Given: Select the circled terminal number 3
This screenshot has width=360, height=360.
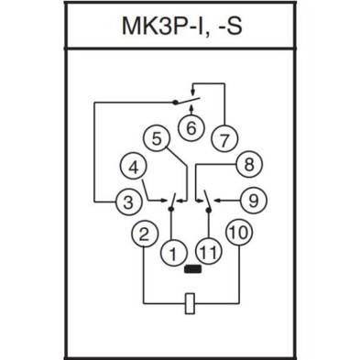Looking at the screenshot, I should (x=126, y=198).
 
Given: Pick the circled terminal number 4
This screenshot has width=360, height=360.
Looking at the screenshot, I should (x=134, y=167).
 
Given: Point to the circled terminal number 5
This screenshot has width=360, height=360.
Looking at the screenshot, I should (x=158, y=139).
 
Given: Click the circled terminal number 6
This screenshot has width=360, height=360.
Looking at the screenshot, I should (x=191, y=127).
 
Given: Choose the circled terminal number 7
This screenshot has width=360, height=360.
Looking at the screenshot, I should (x=224, y=139).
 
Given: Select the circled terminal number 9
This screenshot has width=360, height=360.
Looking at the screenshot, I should (x=254, y=198).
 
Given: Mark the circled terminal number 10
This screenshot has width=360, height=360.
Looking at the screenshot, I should (x=239, y=234).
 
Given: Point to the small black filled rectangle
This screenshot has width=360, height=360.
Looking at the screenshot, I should (x=191, y=269).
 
